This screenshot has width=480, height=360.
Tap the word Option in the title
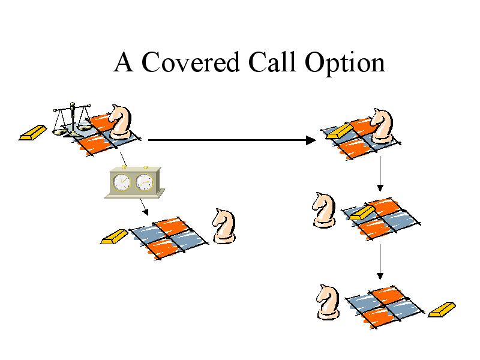[x=344, y=64]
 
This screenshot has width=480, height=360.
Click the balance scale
[x=72, y=119]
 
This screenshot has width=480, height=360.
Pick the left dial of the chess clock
[x=122, y=182]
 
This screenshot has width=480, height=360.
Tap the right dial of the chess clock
[x=144, y=182]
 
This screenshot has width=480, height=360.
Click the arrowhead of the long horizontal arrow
[x=311, y=140]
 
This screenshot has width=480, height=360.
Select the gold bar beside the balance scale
[x=33, y=133]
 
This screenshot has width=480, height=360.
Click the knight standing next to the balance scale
[x=121, y=122]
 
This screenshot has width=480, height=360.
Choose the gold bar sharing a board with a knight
[x=340, y=131]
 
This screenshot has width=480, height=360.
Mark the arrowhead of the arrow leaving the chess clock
[x=146, y=212]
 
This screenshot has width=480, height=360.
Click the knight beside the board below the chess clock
[x=224, y=226]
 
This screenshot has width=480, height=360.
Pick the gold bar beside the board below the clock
[x=114, y=236]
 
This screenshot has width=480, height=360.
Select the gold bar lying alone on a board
[x=362, y=213]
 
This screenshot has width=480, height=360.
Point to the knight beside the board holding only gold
[x=324, y=210]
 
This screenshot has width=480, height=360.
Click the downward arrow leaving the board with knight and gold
[x=380, y=173]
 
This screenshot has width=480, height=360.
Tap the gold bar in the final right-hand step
[x=442, y=309]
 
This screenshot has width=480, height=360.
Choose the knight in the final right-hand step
[x=328, y=302]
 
